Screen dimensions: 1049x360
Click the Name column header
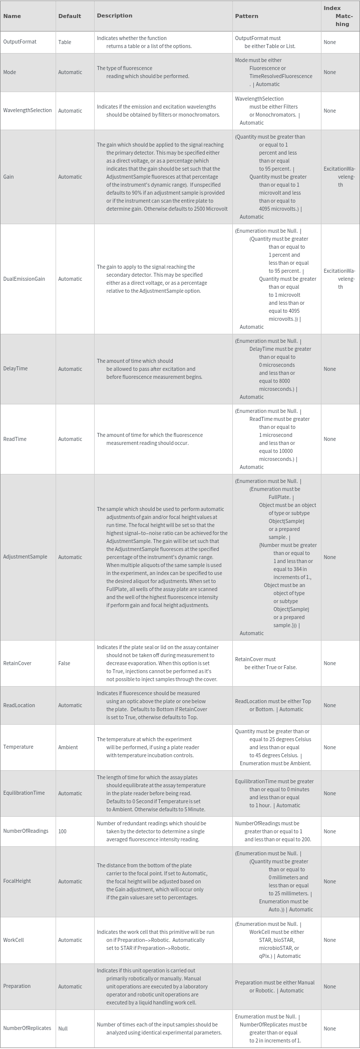pos(12,16)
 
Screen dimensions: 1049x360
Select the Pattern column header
pos(246,16)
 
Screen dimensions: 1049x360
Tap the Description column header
pos(114,16)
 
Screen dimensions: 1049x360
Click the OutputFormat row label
pos(20,42)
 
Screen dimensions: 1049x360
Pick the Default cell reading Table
pos(65,42)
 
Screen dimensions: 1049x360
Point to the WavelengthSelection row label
pos(27,111)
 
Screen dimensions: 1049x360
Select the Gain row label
pos(9,177)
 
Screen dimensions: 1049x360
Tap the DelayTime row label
pos(15,369)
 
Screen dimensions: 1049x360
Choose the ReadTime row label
pos(15,439)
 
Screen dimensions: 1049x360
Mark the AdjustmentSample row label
pos(25,557)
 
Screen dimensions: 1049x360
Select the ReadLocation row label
pos(19,705)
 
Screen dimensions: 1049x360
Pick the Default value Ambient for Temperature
pos(68,747)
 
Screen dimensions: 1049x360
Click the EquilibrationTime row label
pos(24,793)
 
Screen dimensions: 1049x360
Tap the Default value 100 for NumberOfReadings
pos(62,831)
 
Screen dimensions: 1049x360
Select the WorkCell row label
pos(14,940)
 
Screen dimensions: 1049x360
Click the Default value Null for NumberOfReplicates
pos(63,1028)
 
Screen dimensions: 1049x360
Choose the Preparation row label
pos(17,986)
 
